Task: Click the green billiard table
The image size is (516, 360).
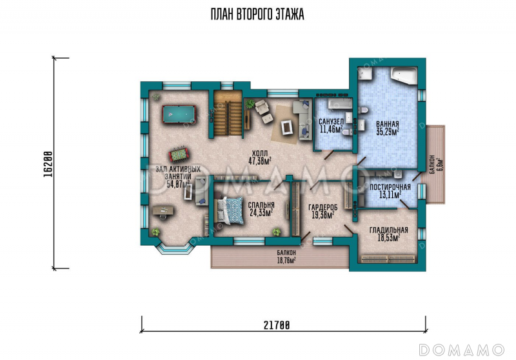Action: [x=179, y=114]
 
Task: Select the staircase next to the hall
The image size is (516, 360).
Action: [x=228, y=114]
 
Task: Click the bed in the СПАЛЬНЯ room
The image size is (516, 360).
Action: [x=229, y=211]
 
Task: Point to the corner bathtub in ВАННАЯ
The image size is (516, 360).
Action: [x=404, y=75]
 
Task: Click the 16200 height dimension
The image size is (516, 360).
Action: [x=48, y=164]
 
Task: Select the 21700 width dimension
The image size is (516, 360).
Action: [x=277, y=325]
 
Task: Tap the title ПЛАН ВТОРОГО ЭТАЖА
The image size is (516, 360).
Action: [x=257, y=14]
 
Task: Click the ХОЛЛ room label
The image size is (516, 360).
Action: [x=260, y=154]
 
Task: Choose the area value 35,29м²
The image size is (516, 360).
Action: [x=388, y=132]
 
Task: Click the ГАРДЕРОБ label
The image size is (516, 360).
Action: [x=323, y=207]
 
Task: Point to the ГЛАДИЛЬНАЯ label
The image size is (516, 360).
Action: [x=389, y=230]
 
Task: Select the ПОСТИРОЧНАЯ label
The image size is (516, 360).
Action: [x=390, y=187]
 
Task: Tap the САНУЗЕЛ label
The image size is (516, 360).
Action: [x=331, y=122]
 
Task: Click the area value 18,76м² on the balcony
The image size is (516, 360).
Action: [x=286, y=260]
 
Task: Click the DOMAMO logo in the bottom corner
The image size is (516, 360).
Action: [x=462, y=350]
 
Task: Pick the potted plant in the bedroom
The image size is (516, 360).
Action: [x=277, y=232]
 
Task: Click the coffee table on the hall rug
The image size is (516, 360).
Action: [x=286, y=126]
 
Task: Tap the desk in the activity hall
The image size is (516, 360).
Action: [x=163, y=211]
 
